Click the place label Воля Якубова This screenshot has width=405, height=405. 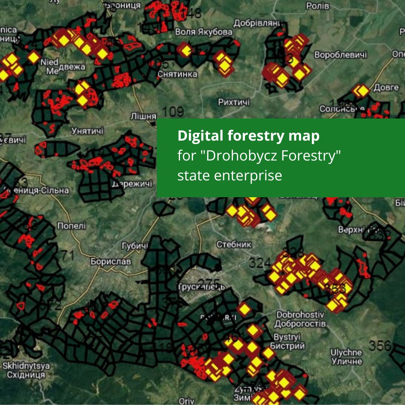(204, 32)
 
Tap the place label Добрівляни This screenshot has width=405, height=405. (258, 23)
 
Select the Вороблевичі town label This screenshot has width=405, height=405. (340, 55)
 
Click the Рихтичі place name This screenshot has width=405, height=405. (234, 102)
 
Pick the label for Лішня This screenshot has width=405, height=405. (143, 116)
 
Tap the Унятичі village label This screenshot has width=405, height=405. (87, 131)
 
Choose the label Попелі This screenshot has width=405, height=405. (71, 226)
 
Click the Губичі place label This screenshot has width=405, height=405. (135, 246)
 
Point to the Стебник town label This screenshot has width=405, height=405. (234, 244)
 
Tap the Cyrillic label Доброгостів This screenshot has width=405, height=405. (300, 323)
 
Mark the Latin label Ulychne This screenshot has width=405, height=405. (346, 352)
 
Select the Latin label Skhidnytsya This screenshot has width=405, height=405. (26, 366)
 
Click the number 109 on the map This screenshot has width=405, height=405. (173, 111)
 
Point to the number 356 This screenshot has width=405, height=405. (380, 345)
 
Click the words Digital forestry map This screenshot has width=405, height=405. (249, 136)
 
